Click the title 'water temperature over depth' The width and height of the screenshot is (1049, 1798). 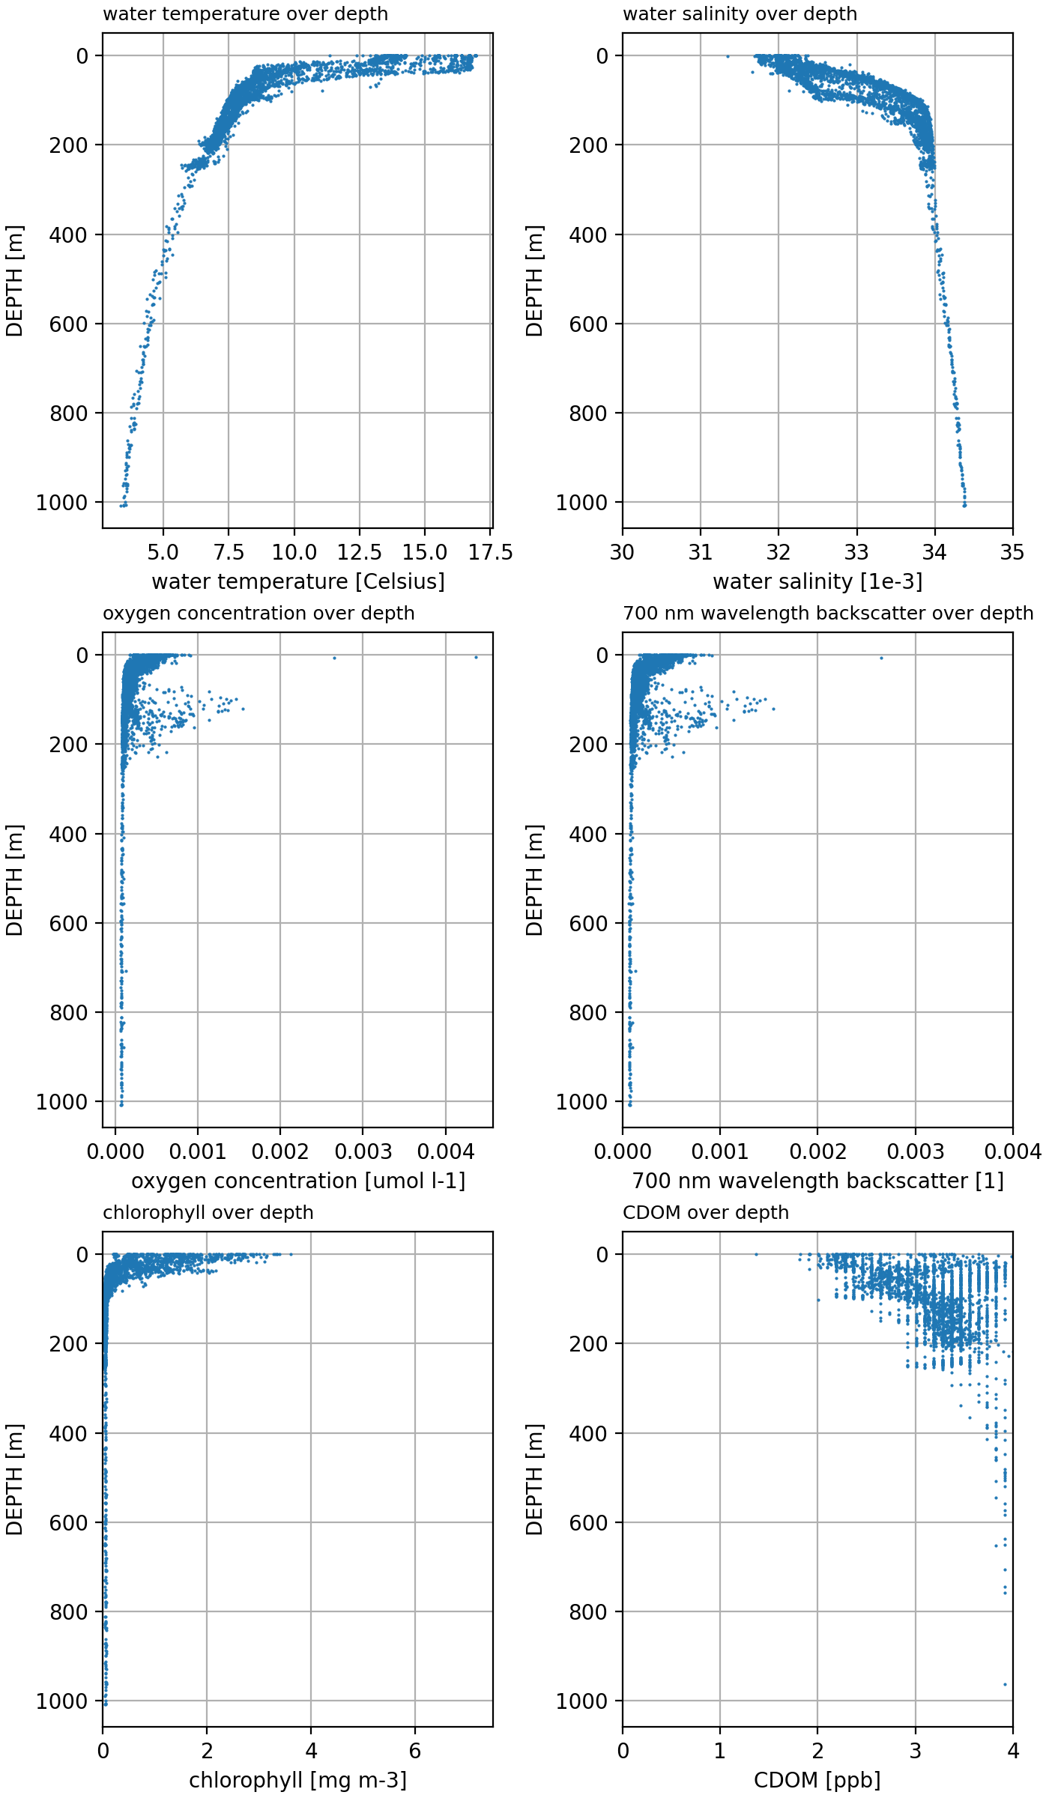pyautogui.click(x=245, y=14)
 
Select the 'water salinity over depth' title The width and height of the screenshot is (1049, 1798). pyautogui.click(x=740, y=14)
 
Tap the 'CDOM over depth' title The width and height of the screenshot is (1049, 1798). pyautogui.click(x=705, y=1213)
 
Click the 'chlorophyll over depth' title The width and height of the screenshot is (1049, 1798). pyautogui.click(x=208, y=1213)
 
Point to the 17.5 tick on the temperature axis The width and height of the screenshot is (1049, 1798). pyautogui.click(x=490, y=553)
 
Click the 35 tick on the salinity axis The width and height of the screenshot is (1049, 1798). pyautogui.click(x=1012, y=553)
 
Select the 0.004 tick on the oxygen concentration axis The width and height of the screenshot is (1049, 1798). pyautogui.click(x=446, y=1152)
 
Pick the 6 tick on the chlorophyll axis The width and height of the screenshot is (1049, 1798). pyautogui.click(x=415, y=1752)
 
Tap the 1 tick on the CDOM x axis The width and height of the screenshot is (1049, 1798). pyautogui.click(x=720, y=1752)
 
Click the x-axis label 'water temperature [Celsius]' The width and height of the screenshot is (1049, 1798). pyautogui.click(x=297, y=581)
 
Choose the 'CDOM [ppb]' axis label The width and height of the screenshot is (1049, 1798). pyautogui.click(x=817, y=1780)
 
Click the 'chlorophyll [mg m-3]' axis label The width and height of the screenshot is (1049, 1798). pyautogui.click(x=297, y=1780)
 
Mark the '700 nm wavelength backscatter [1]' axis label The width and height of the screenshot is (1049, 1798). pyautogui.click(x=817, y=1181)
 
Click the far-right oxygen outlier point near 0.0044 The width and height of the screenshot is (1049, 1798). pyautogui.click(x=476, y=657)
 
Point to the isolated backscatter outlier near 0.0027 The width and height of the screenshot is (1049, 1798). pyautogui.click(x=881, y=658)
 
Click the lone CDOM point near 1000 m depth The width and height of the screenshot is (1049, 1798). pyautogui.click(x=1005, y=1685)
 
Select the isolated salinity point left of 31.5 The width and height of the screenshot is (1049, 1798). pyautogui.click(x=727, y=56)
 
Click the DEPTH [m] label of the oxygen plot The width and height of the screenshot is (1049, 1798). pyautogui.click(x=14, y=880)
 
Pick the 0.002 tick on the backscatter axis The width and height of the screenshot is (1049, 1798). pyautogui.click(x=817, y=1152)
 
